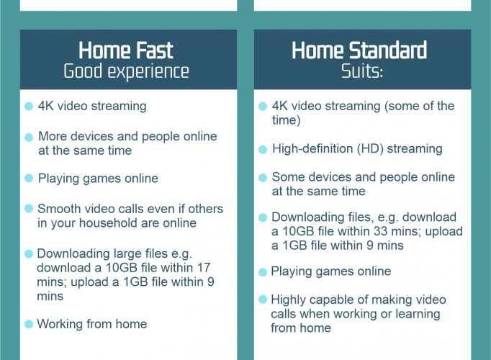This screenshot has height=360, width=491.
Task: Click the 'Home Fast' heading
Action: [125, 50]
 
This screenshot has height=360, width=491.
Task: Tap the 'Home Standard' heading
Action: [359, 50]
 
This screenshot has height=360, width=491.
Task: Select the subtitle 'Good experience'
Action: [126, 72]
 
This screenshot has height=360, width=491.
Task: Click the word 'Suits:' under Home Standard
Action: [362, 71]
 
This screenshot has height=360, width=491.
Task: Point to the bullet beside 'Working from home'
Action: [29, 324]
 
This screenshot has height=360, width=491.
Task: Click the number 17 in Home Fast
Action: [204, 268]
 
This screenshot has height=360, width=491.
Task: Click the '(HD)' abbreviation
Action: [371, 149]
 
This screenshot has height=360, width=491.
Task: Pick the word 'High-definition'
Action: [312, 149]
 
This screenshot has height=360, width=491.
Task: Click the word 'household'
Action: [109, 223]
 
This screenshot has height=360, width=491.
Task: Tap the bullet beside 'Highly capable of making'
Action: [263, 300]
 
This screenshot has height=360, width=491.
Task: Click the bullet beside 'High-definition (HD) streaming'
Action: [263, 150]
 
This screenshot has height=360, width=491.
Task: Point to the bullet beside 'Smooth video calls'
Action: [29, 209]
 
